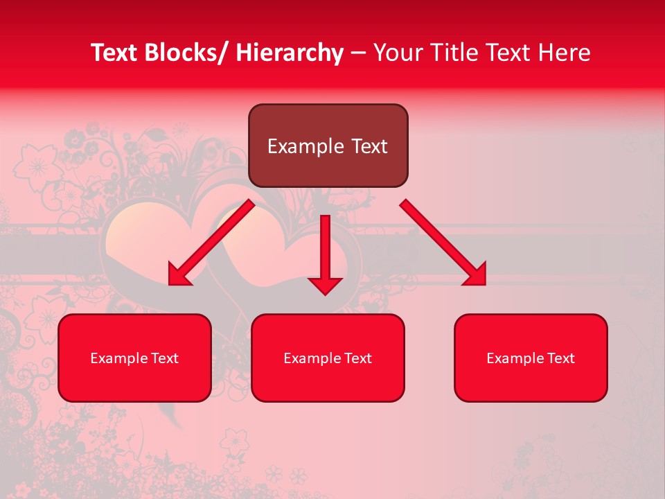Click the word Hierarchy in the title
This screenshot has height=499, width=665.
click(x=290, y=53)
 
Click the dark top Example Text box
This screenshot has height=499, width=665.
click(x=328, y=146)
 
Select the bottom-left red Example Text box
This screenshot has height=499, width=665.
click(x=134, y=358)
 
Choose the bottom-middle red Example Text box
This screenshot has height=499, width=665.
click(x=328, y=358)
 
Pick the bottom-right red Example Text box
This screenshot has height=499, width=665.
click(x=531, y=358)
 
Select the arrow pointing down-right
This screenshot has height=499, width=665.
click(x=441, y=240)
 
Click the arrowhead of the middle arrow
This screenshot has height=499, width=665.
click(x=325, y=285)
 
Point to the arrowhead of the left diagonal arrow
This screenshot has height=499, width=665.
click(x=179, y=275)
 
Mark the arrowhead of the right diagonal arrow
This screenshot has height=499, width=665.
click(x=476, y=274)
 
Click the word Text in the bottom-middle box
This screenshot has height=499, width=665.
click(x=356, y=358)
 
